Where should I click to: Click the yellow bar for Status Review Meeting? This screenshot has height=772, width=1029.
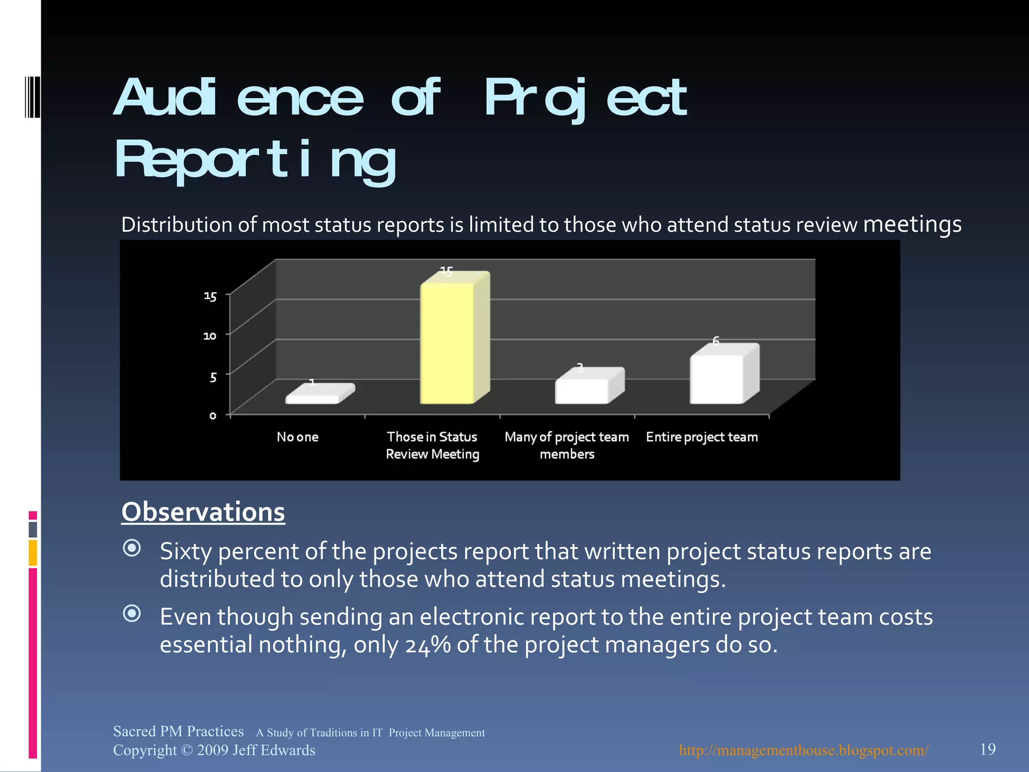point(447,343)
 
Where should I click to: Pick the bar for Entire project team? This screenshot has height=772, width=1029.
point(716,378)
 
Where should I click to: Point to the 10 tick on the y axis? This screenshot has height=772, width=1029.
point(210,335)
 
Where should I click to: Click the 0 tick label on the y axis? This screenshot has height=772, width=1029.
point(213,416)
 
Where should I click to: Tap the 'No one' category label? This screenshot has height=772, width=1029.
point(297,437)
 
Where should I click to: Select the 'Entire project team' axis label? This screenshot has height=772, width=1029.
point(702,437)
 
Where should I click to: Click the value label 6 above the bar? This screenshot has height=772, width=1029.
point(716,341)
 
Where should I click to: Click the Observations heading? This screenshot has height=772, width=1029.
point(203,512)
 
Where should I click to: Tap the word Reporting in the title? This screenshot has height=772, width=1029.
point(255,160)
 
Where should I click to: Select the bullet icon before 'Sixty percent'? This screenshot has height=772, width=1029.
point(132,548)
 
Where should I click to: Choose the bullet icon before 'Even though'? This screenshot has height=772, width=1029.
point(132,613)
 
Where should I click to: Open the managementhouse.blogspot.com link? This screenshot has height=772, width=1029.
point(803,750)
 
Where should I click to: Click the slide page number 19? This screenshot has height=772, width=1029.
point(988,749)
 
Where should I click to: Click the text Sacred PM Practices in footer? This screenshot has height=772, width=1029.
point(178,731)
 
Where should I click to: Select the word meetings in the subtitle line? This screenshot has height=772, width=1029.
point(912,224)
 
